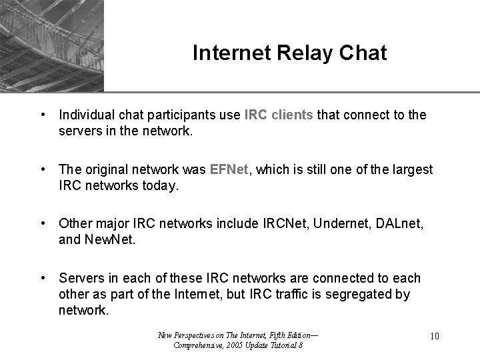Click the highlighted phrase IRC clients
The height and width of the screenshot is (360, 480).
tap(279, 115)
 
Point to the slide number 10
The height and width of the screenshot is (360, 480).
tap(435, 336)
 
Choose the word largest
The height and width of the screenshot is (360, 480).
tap(413, 170)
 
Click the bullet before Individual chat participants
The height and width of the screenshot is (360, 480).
tap(43, 115)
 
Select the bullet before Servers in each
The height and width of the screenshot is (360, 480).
tap(43, 278)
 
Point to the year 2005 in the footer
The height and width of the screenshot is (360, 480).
tap(233, 345)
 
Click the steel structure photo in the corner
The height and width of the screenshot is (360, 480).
tap(52, 45)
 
